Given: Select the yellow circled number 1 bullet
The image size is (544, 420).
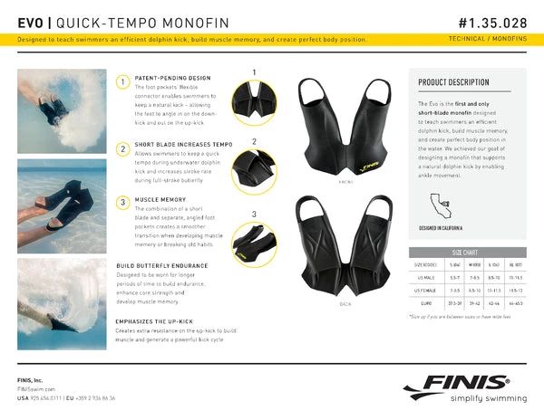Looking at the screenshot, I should tap(121, 82).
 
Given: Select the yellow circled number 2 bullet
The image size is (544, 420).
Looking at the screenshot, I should tap(121, 148).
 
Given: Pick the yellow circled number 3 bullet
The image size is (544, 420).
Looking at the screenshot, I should tap(121, 201).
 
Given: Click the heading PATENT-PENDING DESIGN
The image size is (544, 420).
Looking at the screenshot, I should tap(171, 79).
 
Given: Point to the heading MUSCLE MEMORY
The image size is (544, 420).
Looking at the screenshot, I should tap(160, 198).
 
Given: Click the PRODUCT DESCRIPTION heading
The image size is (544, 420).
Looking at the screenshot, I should tap(453, 82).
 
